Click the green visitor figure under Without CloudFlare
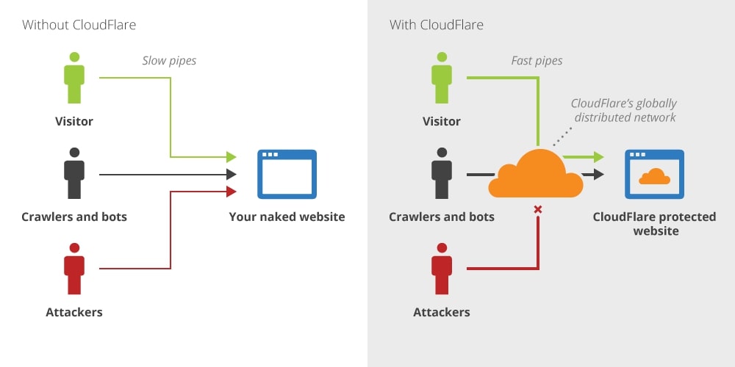73,78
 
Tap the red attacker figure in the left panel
73,269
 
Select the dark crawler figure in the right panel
441,173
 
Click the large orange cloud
536,175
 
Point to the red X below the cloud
537,210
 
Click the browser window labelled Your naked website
287,174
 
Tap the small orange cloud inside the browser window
654,177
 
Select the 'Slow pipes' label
169,60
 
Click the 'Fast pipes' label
537,60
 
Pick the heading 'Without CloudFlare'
79,25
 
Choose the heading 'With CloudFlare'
436,25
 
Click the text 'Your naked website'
287,217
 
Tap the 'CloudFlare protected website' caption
654,224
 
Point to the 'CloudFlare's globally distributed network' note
623,110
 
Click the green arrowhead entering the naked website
231,156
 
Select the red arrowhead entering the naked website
231,192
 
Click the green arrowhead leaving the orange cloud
598,156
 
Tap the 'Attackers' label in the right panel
441,312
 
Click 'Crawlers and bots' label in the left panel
73,217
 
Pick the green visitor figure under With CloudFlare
441,78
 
